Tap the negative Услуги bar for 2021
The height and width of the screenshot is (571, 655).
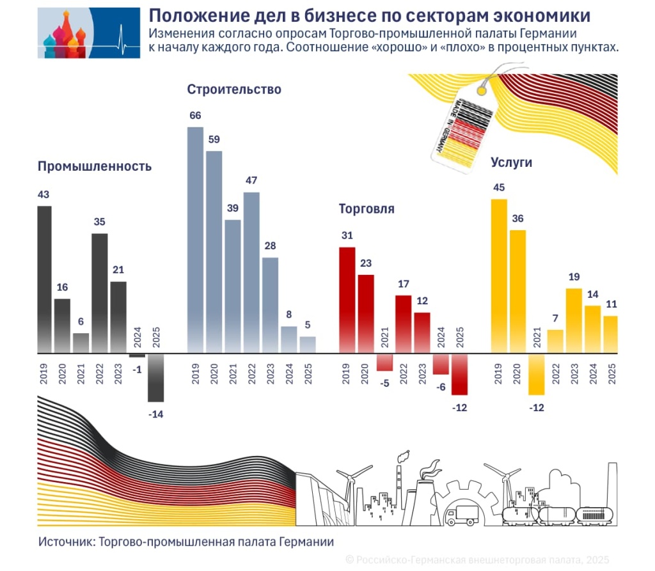536,374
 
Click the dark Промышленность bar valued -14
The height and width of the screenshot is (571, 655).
155,378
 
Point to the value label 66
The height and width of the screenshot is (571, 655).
195,115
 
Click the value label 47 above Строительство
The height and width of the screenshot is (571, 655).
251,180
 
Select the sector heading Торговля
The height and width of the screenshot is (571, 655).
366,209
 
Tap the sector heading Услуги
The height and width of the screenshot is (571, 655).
511,162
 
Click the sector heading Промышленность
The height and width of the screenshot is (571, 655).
95,167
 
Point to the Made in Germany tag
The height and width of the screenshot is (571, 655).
457,128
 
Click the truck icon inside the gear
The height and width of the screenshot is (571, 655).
459,514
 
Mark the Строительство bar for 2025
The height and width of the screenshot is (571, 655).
308,345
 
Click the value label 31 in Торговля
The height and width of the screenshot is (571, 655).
347,235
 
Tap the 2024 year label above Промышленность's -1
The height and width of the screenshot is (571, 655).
137,336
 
